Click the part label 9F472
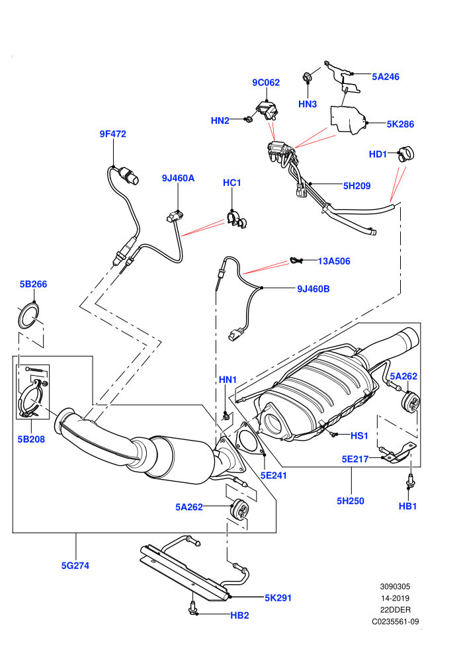pos(112,134)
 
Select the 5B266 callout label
pos(33,284)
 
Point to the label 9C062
pos(266,83)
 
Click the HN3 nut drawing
pos(308,77)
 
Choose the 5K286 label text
pos(400,124)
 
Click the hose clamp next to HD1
pos(405,154)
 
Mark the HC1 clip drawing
pos(236,220)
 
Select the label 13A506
pos(334,261)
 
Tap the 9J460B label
pos(313,288)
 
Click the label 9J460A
pos(179,179)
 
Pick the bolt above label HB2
pos(192,607)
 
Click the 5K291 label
pos(278,598)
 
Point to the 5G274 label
pos(75,566)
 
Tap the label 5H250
pos(351,501)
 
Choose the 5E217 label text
pos(355,459)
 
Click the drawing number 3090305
pos(395,586)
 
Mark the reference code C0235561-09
pos(396,621)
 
